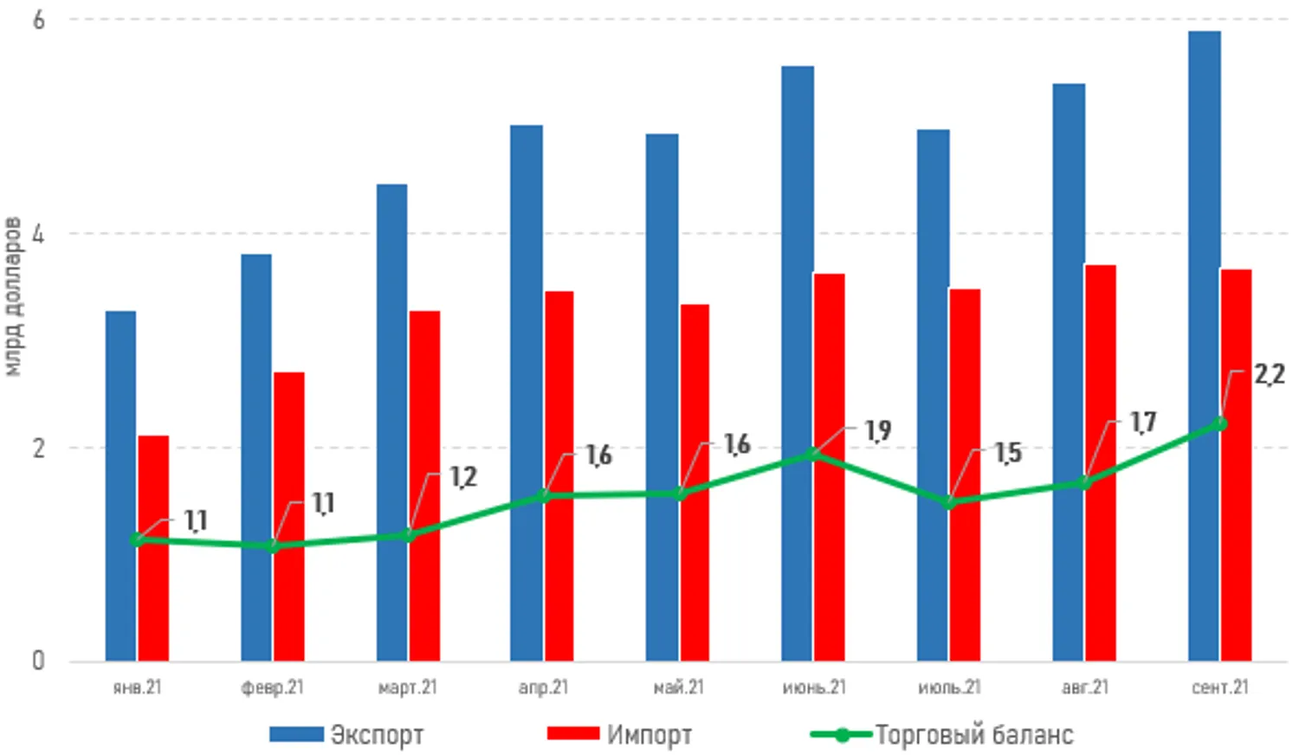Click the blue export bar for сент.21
click(1204, 346)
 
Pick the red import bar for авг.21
click(1101, 463)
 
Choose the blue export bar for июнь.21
click(798, 364)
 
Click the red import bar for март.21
click(424, 486)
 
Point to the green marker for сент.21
click(1221, 423)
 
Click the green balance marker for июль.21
click(950, 502)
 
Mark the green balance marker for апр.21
click(544, 496)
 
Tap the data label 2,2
click(1270, 375)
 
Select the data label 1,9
click(877, 430)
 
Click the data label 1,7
click(1143, 423)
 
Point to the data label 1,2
click(463, 477)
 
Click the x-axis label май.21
click(679, 687)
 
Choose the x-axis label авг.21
click(1085, 687)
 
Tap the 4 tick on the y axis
click(38, 234)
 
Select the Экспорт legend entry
click(347, 735)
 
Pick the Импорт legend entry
click(620, 735)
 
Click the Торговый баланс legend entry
click(942, 735)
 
